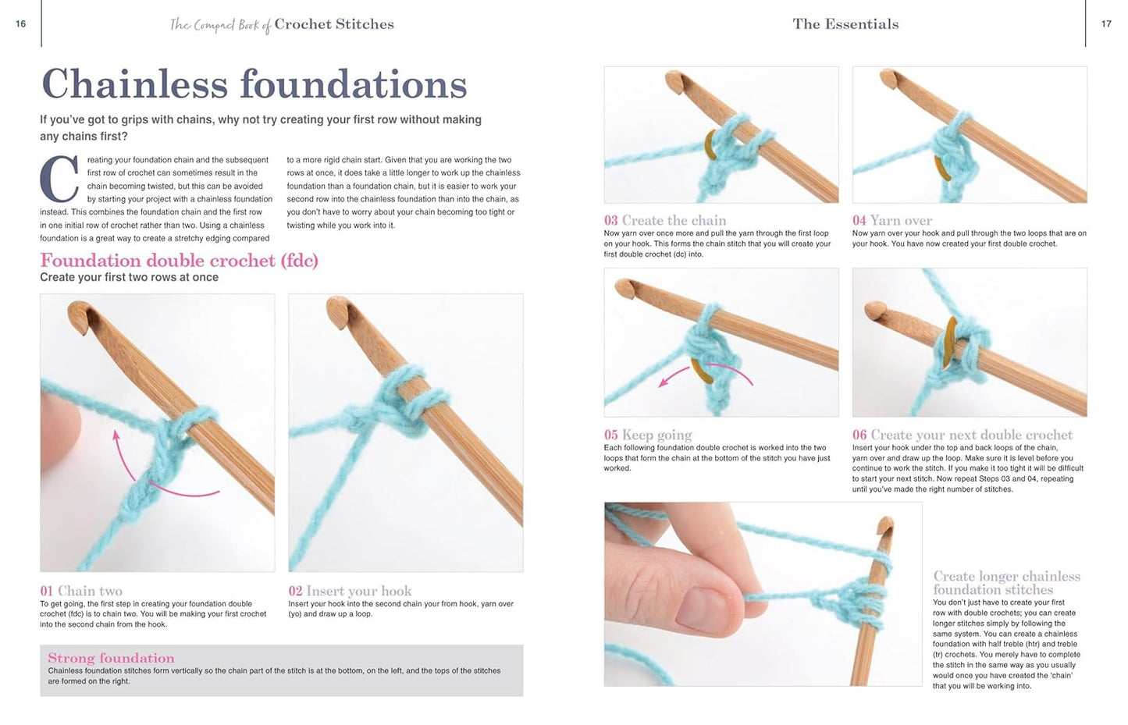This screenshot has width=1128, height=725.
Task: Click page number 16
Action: (20, 24)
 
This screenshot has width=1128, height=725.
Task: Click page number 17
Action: (1105, 24)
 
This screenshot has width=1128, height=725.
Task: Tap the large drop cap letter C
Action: (59, 179)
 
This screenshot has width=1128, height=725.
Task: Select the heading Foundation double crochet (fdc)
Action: (179, 261)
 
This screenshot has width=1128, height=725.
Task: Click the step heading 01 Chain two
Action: (81, 591)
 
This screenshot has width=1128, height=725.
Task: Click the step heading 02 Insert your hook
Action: (350, 591)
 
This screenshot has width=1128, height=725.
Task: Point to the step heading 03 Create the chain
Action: (664, 221)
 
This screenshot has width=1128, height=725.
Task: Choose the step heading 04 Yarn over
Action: (891, 221)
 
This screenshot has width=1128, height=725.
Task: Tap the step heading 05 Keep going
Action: (647, 435)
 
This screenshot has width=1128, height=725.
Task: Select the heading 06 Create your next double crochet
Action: (962, 435)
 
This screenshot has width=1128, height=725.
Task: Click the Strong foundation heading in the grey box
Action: (111, 658)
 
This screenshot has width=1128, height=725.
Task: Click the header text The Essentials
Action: (845, 24)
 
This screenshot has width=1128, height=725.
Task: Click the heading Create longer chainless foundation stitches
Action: (1006, 583)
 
